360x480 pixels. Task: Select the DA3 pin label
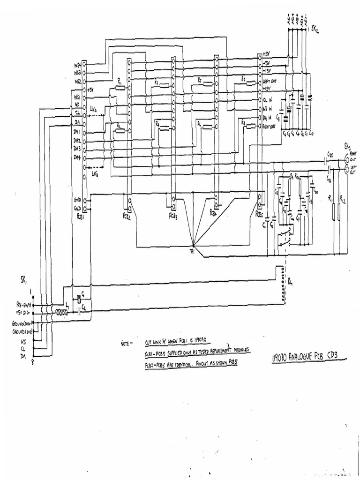(77, 149)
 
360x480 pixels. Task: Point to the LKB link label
(95, 175)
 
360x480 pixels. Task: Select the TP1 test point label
(192, 252)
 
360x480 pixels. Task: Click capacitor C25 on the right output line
(328, 160)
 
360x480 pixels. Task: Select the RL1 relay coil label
(291, 282)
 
